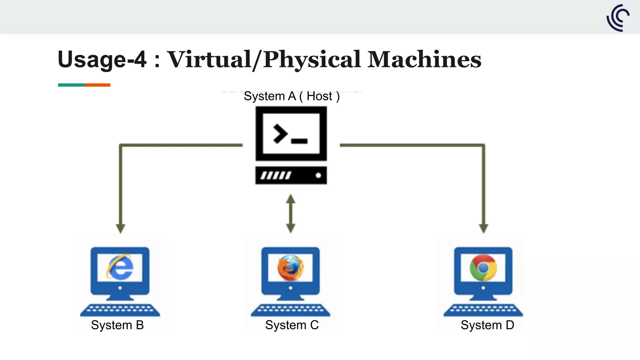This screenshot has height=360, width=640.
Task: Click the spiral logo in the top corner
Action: [x=618, y=18]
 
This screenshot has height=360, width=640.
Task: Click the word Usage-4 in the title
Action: [x=102, y=59]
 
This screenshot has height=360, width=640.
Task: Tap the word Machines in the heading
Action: [x=424, y=59]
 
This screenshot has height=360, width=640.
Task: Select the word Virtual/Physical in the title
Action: [x=264, y=59]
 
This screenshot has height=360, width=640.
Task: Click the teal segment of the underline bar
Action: [x=71, y=85]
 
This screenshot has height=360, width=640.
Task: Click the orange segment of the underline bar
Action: [x=97, y=85]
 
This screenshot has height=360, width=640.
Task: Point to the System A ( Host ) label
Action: [x=291, y=96]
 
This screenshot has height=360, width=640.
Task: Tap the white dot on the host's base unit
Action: [x=318, y=175]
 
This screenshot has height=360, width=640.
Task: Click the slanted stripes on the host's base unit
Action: [x=276, y=175]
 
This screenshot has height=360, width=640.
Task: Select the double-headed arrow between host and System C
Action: [x=291, y=213]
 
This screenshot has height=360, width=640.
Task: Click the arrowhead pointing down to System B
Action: [x=121, y=228]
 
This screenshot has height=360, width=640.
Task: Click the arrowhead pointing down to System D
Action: [x=483, y=228]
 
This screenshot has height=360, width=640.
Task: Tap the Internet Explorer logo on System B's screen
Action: [x=120, y=267]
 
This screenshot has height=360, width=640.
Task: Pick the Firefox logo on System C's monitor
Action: [x=290, y=267]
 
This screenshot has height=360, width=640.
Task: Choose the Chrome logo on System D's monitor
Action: [x=483, y=267]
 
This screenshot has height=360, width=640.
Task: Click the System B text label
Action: [x=117, y=325]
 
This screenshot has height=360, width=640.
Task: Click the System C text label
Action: [x=292, y=325]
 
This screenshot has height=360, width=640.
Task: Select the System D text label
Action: [x=487, y=325]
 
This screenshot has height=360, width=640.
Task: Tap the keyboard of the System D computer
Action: [x=483, y=310]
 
